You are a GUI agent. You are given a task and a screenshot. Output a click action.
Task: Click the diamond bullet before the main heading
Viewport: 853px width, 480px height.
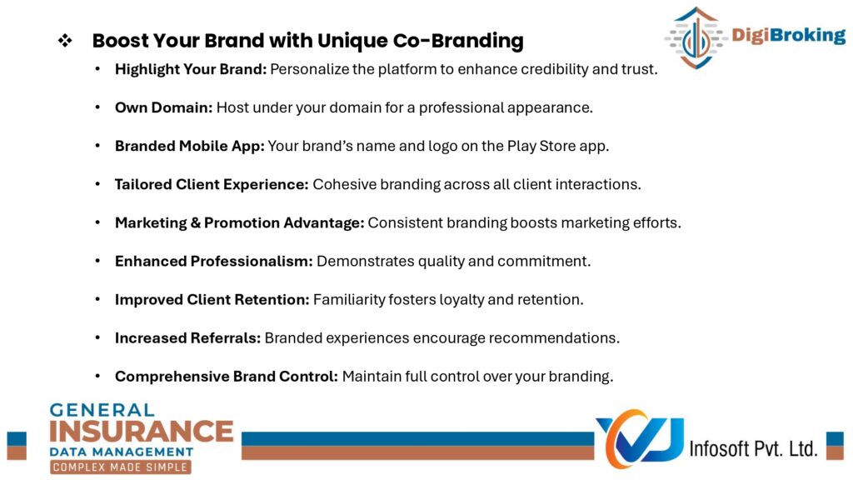point(65,40)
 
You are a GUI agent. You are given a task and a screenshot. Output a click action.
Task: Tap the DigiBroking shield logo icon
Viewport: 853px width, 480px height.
point(696,37)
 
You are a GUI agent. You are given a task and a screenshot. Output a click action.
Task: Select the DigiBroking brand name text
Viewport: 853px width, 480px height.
point(788,35)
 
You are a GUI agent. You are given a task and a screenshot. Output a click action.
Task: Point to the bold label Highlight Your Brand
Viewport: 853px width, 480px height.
point(191,70)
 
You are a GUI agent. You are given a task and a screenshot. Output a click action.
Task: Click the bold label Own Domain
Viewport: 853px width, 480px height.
point(163,107)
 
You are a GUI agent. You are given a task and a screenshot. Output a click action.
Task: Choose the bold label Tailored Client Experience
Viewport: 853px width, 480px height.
point(212,184)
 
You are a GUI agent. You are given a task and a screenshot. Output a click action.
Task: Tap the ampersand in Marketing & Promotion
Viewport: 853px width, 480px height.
point(195,223)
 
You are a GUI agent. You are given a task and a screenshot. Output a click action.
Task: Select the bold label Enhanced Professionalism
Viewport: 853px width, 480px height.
point(214,261)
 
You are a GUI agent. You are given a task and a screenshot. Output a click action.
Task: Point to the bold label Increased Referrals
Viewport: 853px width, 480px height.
point(187,338)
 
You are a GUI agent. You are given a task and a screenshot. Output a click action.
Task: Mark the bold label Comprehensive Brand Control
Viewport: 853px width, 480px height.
point(227,377)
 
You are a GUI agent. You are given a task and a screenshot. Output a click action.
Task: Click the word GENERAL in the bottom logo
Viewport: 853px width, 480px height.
point(102,410)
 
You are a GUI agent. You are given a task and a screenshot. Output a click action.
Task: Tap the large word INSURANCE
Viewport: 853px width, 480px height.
point(142,432)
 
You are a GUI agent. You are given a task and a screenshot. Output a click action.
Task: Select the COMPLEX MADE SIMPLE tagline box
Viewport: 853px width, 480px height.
point(120,467)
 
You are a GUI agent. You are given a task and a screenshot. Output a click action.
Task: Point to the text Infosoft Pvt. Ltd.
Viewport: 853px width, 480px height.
point(753,449)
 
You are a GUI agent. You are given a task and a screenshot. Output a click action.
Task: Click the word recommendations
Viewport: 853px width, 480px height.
point(554,338)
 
